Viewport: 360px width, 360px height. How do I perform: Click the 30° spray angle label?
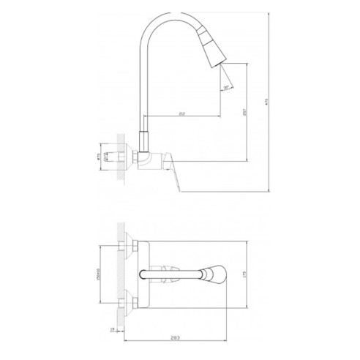tap(225, 87)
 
